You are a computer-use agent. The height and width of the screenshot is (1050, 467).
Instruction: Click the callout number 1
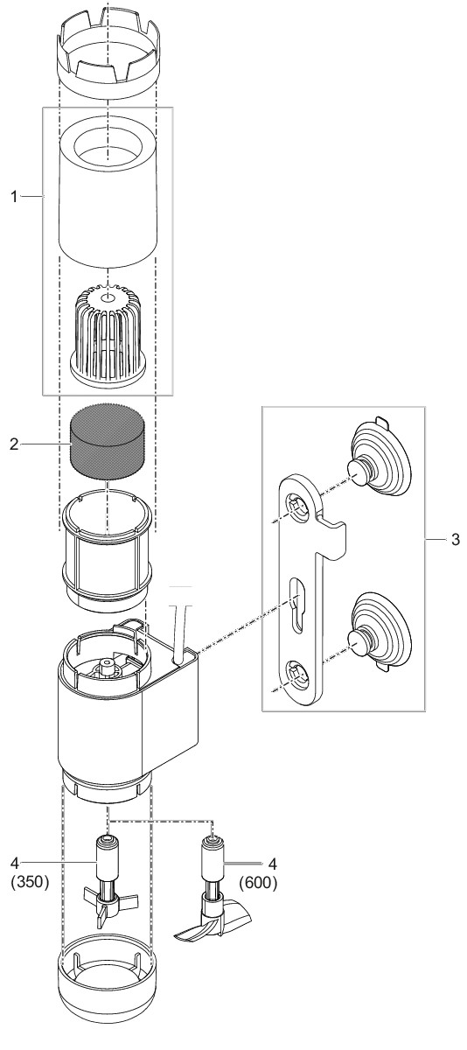coord(15,197)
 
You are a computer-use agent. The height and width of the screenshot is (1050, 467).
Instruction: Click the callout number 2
coord(14,444)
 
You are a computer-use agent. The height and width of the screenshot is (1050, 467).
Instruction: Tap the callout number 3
coord(456,540)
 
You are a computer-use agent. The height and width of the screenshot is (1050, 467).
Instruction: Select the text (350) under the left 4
coord(30,882)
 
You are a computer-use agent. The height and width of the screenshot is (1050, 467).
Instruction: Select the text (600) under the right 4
coord(258,883)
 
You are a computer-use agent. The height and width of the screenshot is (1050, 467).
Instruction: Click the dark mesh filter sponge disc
coord(107,441)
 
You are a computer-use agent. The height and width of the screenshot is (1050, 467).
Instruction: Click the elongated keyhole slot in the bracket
coord(295,609)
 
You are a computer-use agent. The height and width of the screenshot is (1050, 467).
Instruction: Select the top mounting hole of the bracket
coord(298,507)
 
